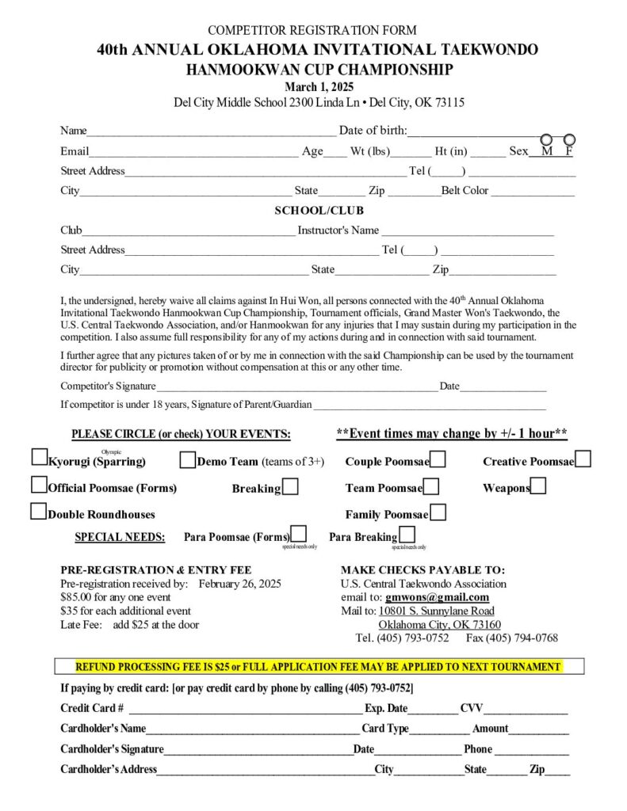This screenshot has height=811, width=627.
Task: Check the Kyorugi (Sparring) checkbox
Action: (39, 458)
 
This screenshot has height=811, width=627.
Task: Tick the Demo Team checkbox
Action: (188, 460)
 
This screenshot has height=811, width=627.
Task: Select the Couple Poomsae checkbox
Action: (438, 459)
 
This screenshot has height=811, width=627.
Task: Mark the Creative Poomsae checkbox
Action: (583, 459)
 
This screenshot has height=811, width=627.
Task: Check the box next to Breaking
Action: (290, 487)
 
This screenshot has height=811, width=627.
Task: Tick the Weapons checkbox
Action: (538, 486)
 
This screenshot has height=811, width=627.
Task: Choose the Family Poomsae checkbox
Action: (438, 512)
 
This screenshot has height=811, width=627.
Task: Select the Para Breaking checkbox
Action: (407, 535)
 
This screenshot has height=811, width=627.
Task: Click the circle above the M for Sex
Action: (546, 140)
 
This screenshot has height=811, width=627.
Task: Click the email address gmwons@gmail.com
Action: (437, 597)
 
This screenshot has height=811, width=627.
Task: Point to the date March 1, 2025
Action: (319, 87)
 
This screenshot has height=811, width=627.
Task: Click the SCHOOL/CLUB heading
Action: (319, 211)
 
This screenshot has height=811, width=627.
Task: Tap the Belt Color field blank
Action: (532, 192)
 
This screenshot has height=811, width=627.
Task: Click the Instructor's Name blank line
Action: (468, 232)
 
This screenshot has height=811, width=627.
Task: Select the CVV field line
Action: (526, 710)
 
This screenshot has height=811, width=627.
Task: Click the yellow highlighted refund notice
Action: (319, 667)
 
